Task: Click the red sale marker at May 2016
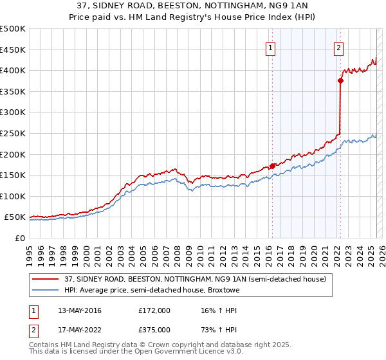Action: pyautogui.click(x=272, y=166)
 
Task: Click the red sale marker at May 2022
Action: pyautogui.click(x=340, y=80)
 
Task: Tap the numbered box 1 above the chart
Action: pyautogui.click(x=271, y=47)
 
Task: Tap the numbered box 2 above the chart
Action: pyautogui.click(x=338, y=47)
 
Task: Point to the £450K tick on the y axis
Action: pyautogui.click(x=14, y=50)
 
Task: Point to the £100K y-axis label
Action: pyautogui.click(x=14, y=196)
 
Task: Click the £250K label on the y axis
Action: pyautogui.click(x=14, y=133)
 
